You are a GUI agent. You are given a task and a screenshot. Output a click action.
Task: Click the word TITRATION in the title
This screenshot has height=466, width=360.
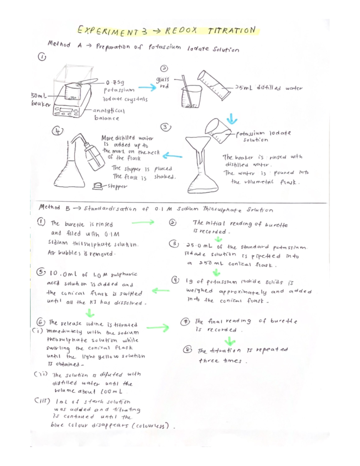pos(231,31)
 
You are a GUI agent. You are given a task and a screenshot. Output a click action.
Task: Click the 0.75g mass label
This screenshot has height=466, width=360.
pos(117,82)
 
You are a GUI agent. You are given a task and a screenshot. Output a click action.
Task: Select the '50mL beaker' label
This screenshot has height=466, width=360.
pos(40,100)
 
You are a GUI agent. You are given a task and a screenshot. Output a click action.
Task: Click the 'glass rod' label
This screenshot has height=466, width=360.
pos(163,83)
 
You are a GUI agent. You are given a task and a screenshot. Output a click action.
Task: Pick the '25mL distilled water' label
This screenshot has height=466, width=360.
pos(269,88)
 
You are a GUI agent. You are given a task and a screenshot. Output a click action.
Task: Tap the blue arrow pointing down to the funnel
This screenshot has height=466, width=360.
pos(231,119)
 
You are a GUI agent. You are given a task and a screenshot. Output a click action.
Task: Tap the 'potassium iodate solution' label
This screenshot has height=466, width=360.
pos(263,136)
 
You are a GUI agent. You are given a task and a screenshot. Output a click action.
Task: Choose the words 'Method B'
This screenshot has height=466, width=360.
pos(49,208)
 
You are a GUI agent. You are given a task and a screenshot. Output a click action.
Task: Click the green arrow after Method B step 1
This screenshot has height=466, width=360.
pos(143,222)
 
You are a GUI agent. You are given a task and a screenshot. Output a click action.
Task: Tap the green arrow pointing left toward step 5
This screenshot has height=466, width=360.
pos(160,290)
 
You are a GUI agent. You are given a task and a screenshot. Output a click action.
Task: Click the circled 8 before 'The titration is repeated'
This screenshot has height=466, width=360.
pos(188,350)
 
